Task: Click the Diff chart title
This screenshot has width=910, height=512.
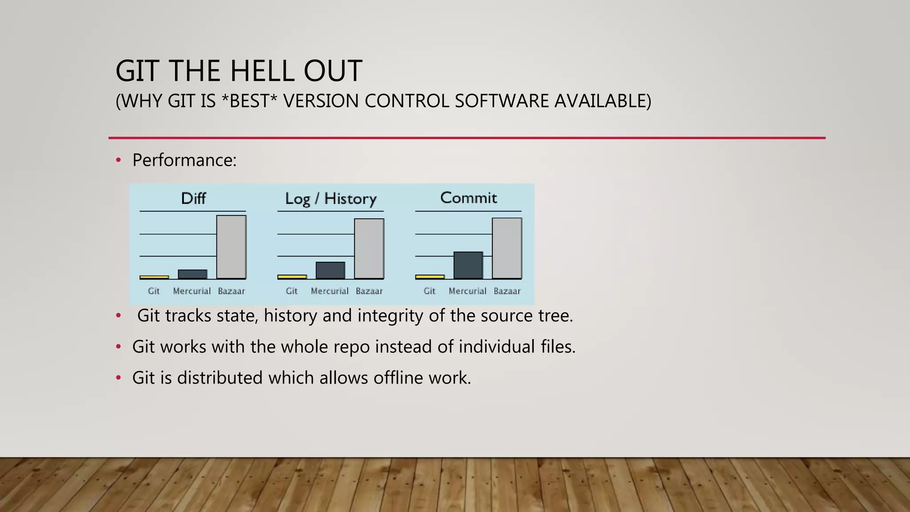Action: (x=193, y=198)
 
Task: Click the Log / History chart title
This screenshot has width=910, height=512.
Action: (x=331, y=199)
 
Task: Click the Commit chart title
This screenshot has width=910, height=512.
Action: (x=468, y=198)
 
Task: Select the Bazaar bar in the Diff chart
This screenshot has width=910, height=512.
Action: (x=231, y=247)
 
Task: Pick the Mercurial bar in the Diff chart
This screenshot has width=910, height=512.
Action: (x=192, y=274)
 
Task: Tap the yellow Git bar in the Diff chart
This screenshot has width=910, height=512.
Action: (x=154, y=277)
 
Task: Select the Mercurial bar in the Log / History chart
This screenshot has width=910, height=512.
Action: (x=330, y=270)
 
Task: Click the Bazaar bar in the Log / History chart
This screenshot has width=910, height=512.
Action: (x=369, y=248)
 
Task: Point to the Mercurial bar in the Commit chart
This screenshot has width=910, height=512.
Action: (x=468, y=265)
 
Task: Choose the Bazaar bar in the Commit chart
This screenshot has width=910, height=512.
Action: (x=507, y=248)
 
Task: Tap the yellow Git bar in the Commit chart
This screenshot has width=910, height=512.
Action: (x=430, y=277)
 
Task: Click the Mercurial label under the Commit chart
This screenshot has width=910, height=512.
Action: (x=467, y=291)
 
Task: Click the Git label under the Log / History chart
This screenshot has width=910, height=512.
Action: (x=291, y=291)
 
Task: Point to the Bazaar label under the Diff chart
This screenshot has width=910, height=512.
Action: (x=231, y=291)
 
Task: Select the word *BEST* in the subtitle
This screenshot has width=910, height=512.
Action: (x=249, y=101)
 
